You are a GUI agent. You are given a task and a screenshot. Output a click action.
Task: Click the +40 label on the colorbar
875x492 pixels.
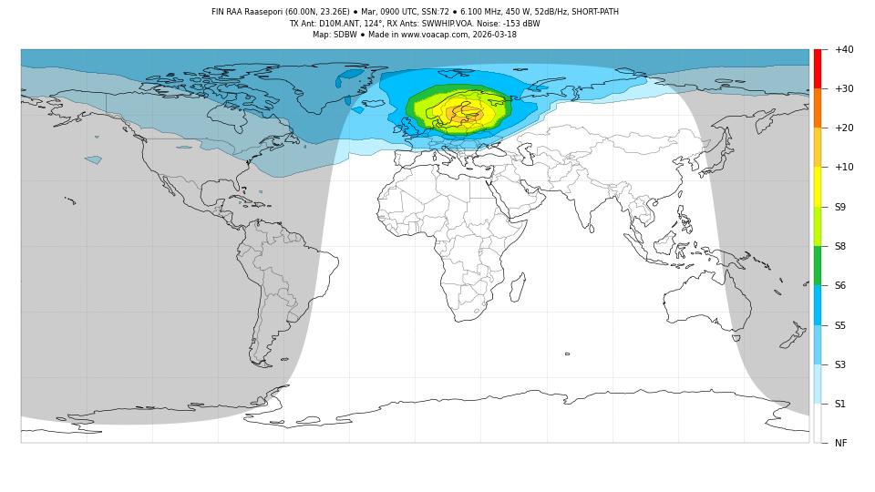pyautogui.click(x=843, y=49)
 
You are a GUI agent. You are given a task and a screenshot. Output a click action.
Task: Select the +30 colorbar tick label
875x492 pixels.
pyautogui.click(x=843, y=88)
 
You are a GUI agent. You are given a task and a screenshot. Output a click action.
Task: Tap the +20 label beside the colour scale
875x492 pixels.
pyautogui.click(x=843, y=128)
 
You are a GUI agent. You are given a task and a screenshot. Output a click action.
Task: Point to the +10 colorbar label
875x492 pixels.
pyautogui.click(x=843, y=167)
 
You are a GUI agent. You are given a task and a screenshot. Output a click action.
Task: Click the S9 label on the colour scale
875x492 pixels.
pyautogui.click(x=839, y=207)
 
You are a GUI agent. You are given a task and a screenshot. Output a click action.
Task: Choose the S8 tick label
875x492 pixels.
pyautogui.click(x=839, y=246)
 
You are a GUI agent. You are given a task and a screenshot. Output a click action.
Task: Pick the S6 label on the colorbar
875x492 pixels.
pyautogui.click(x=839, y=285)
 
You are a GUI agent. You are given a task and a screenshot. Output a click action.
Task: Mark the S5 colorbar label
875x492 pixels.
pyautogui.click(x=839, y=325)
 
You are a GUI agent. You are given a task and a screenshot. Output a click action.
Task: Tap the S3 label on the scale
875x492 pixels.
pyautogui.click(x=839, y=364)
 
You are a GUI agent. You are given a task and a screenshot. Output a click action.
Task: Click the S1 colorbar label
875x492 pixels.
pyautogui.click(x=839, y=404)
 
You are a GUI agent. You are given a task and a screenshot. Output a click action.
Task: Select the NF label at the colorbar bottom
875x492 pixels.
pyautogui.click(x=840, y=443)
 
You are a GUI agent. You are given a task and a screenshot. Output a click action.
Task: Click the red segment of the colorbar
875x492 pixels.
pyautogui.click(x=818, y=68)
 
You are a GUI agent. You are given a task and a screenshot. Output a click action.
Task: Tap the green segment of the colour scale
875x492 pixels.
pyautogui.click(x=818, y=265)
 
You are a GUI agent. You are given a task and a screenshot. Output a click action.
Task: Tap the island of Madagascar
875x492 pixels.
pyautogui.click(x=516, y=288)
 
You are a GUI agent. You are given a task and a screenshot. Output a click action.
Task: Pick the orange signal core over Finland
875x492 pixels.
pyautogui.click(x=466, y=114)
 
